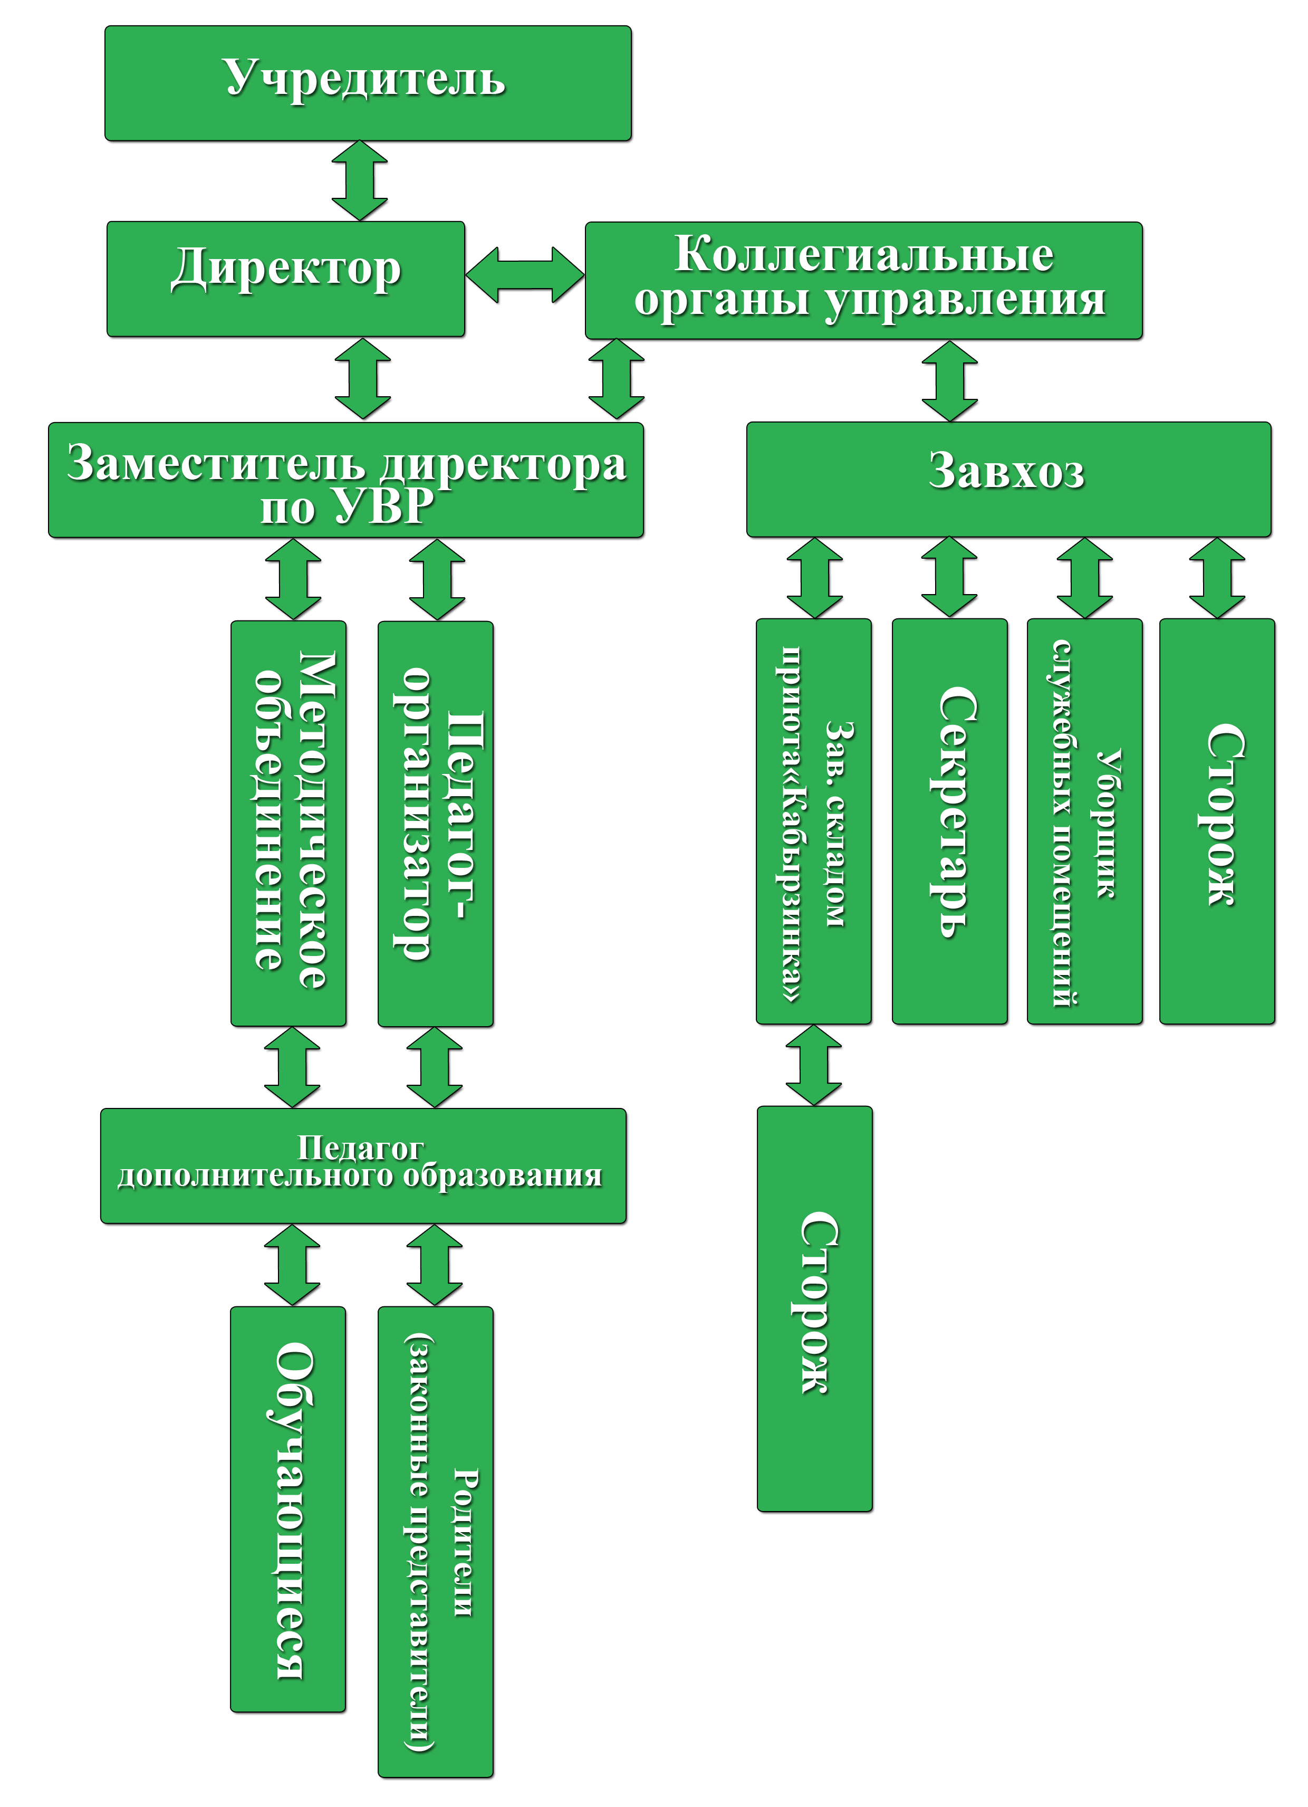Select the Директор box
tap(285, 279)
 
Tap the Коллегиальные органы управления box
tap(863, 281)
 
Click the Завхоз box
tap(1008, 479)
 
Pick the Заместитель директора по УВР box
tap(345, 480)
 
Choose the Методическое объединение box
tap(288, 823)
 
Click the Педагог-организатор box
tap(435, 824)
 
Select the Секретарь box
tap(949, 820)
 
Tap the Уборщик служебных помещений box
tap(1084, 820)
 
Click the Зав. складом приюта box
tap(813, 820)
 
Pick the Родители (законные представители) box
tap(435, 1542)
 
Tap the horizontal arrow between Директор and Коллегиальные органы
tap(524, 275)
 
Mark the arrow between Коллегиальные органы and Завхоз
tap(949, 381)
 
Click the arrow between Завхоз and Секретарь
tap(949, 577)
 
